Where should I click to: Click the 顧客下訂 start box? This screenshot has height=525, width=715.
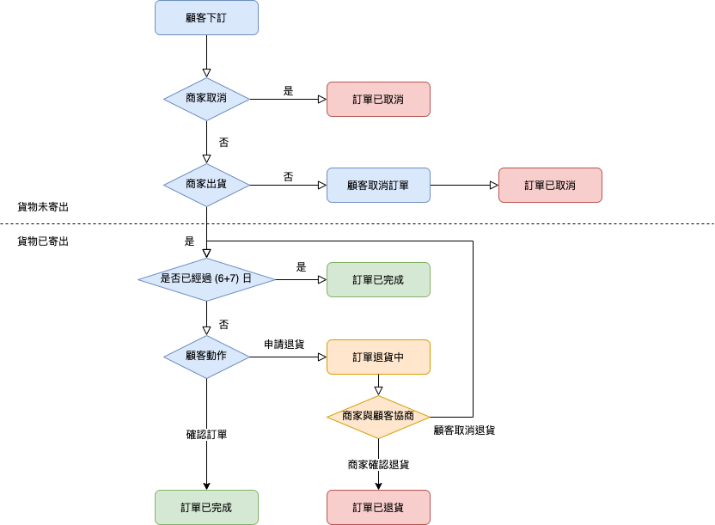point(206,18)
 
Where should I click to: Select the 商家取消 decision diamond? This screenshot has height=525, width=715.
point(206,99)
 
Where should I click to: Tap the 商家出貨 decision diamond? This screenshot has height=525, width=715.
point(206,185)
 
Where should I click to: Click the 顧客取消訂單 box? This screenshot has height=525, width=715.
point(378,185)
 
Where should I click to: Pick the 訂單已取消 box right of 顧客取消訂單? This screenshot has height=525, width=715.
point(550,185)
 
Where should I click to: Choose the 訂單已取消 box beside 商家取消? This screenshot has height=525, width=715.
point(378,99)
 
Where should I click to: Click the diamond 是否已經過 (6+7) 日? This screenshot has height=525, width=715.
point(206,279)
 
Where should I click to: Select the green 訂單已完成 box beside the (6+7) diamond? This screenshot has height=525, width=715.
point(378,279)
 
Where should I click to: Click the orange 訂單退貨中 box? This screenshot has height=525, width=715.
point(378,357)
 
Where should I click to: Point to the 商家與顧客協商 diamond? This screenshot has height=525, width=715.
point(378,417)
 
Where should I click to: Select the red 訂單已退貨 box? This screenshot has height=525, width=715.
point(378,507)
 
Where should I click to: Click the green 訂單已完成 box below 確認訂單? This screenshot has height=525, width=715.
point(206,507)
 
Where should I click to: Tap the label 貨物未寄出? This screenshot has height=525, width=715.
point(43,207)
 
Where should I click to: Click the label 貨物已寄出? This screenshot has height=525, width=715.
point(43,241)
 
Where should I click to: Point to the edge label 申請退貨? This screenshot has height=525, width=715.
point(284,345)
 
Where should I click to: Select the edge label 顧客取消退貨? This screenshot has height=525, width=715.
point(464,430)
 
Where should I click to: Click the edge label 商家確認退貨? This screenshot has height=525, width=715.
point(378,465)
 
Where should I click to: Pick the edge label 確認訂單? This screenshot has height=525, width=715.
point(206,435)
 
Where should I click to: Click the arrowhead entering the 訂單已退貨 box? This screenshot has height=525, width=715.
point(378,485)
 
